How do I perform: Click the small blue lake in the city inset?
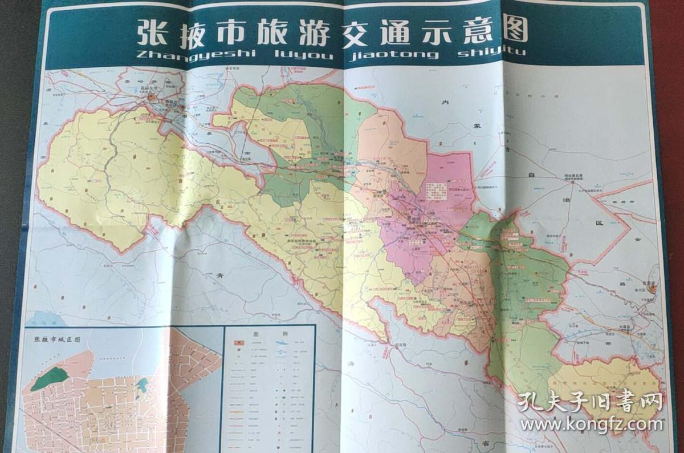[x=142, y=386]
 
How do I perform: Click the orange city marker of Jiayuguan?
[x=151, y=98]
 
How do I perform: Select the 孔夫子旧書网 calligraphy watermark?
[x=590, y=403]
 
